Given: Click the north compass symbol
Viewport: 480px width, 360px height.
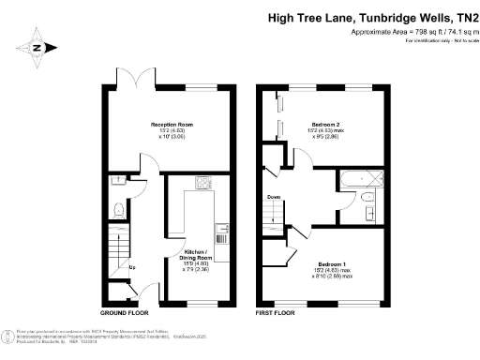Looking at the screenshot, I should [37, 45].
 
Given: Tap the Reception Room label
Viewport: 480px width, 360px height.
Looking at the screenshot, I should [172, 125].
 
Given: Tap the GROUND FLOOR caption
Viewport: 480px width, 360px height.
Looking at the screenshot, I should [126, 312].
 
